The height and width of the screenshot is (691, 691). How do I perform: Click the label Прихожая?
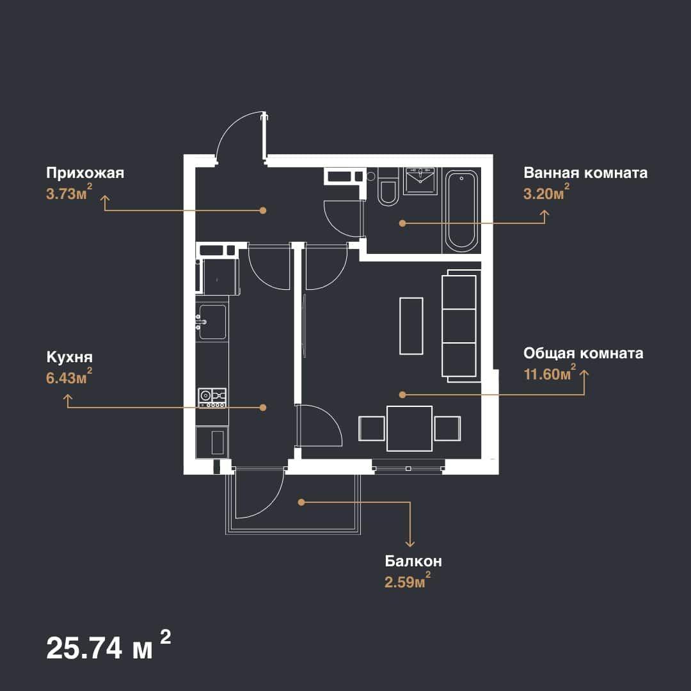[85, 173]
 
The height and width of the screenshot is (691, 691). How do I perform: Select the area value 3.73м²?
[69, 192]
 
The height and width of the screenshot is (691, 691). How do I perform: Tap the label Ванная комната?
[585, 173]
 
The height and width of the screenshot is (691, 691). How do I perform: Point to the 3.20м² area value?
[546, 192]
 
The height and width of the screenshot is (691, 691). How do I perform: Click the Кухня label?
[69, 357]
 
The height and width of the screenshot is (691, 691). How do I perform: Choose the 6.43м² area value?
[69, 376]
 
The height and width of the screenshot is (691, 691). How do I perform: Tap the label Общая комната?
[583, 353]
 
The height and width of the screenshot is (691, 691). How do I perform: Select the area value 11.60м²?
[550, 372]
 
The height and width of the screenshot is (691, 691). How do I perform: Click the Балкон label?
[413, 561]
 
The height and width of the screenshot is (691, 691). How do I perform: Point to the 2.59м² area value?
[408, 580]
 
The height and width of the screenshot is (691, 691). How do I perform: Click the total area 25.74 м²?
[108, 646]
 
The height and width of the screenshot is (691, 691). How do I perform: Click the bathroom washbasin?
[420, 180]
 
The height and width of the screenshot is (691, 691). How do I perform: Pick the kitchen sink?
[212, 322]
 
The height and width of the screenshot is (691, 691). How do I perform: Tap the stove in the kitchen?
[212, 398]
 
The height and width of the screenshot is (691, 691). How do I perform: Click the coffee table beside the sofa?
[411, 326]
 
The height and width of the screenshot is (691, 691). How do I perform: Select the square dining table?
[409, 428]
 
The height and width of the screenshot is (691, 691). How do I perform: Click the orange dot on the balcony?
[301, 502]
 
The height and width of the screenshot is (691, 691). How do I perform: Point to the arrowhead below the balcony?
[410, 544]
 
